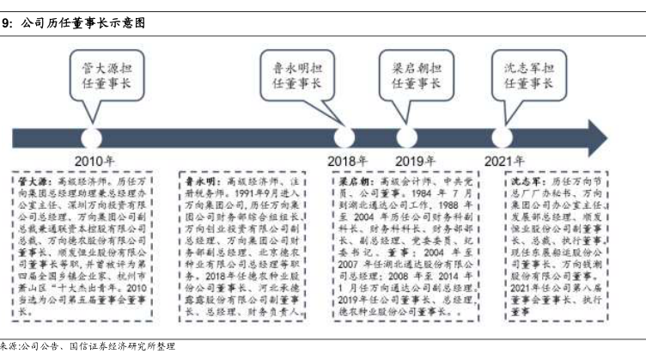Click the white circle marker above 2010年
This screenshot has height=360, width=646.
coord(90,137)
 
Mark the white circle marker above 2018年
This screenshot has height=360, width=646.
coord(344,137)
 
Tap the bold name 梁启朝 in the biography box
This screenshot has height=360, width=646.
coord(350,182)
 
